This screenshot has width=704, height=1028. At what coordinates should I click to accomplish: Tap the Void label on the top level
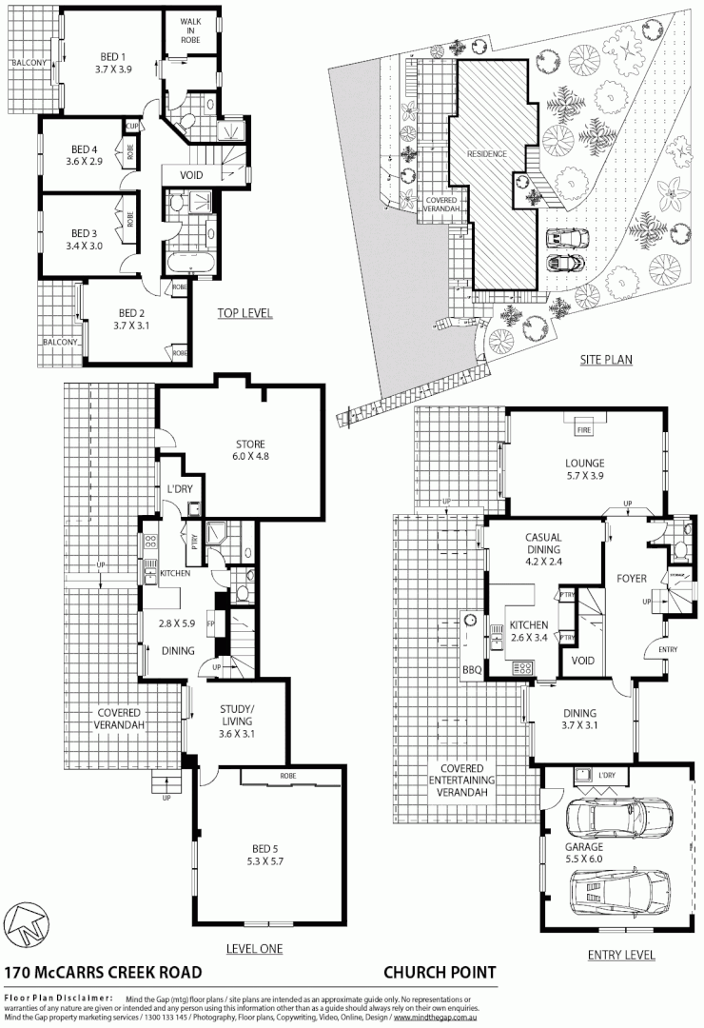click(x=191, y=174)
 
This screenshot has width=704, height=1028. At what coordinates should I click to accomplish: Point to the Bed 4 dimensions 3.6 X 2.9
click(x=84, y=162)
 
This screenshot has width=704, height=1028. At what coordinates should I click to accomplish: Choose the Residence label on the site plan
click(x=486, y=153)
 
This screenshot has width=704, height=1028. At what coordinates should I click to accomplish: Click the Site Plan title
click(x=606, y=360)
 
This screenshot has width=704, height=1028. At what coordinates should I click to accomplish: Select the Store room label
click(x=250, y=444)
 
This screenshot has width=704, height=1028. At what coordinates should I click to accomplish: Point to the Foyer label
click(x=632, y=579)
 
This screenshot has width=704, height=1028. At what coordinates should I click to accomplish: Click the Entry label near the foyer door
click(x=655, y=649)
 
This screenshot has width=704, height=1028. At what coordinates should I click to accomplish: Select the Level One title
click(x=253, y=948)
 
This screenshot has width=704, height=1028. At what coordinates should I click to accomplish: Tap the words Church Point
click(x=440, y=972)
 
